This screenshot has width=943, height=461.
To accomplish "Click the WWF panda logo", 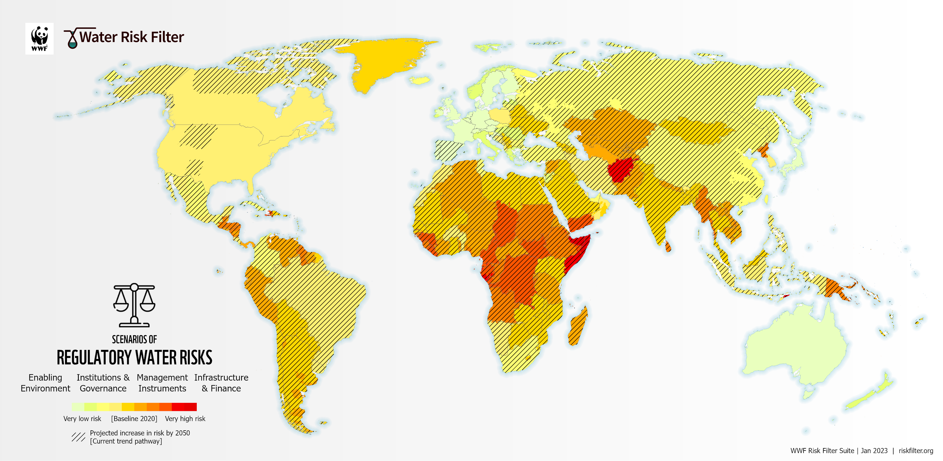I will pos(39,38).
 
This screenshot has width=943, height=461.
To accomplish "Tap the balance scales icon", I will pos(134,305).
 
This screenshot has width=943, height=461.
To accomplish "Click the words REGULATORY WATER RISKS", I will pos(134,358).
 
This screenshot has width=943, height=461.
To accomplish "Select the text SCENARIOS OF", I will pos(134,339).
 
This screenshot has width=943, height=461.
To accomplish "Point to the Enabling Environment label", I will pos(45,383).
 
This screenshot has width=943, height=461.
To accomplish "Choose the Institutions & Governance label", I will pos(103,383).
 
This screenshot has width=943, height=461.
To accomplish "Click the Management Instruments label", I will pos(162,383).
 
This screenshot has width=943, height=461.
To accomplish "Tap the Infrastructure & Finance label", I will pos(221,383).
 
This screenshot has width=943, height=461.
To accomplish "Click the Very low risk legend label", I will pos(82,418).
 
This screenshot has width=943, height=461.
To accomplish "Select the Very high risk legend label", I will pos(185,418).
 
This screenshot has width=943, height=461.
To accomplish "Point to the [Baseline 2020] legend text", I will pos(134,418).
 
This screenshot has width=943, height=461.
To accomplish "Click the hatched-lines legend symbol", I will pos(78,437).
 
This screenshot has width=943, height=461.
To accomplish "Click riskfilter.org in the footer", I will pos(916,451).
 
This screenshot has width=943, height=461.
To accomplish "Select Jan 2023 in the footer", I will pos(874,451).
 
